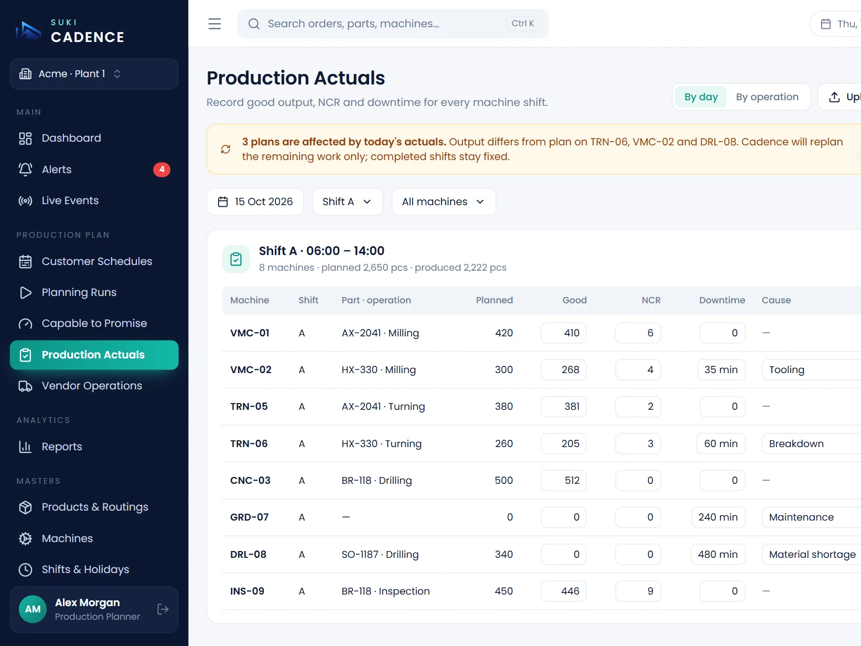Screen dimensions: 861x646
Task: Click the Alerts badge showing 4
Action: pyautogui.click(x=162, y=170)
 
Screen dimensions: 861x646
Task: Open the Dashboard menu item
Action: pyautogui.click(x=71, y=138)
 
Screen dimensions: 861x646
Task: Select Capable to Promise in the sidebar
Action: pyautogui.click(x=94, y=323)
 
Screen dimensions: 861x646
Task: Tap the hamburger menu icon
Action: pyautogui.click(x=214, y=24)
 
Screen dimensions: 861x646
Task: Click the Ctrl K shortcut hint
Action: pyautogui.click(x=522, y=24)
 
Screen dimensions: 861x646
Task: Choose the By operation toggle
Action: pyautogui.click(x=767, y=97)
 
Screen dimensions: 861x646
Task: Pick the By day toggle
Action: pyautogui.click(x=701, y=97)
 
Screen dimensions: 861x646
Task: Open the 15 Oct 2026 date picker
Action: pyautogui.click(x=255, y=202)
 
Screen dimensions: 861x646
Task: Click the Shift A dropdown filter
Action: pyautogui.click(x=348, y=202)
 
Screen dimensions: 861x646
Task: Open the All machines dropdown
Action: pyautogui.click(x=444, y=202)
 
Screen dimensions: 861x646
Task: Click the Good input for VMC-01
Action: pyautogui.click(x=563, y=333)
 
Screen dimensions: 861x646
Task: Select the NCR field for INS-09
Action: pyautogui.click(x=638, y=591)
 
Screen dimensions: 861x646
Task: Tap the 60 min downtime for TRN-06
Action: pyautogui.click(x=720, y=443)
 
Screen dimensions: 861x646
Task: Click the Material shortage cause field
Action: pyautogui.click(x=812, y=554)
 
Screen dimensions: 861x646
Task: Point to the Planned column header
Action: pyautogui.click(x=494, y=300)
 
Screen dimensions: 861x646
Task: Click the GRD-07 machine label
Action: pyautogui.click(x=250, y=517)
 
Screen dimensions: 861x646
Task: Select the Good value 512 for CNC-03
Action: pyautogui.click(x=563, y=480)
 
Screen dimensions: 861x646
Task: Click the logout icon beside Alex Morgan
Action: pyautogui.click(x=163, y=609)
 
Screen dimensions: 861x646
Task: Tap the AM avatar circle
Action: pyautogui.click(x=33, y=609)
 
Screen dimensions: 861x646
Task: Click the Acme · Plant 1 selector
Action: pyautogui.click(x=94, y=74)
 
